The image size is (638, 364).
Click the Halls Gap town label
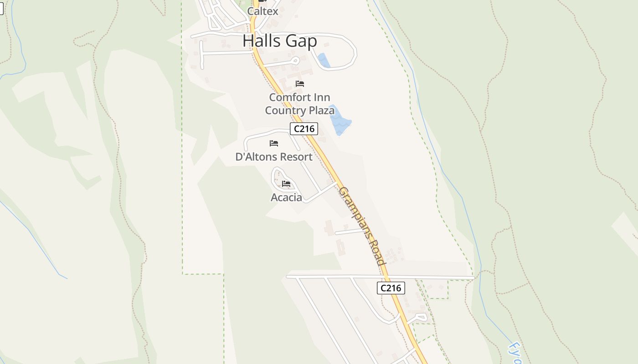click(279, 41)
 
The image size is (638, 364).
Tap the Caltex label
click(262, 11)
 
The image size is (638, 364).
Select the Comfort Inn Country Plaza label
click(299, 104)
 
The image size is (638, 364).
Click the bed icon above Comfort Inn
click(300, 84)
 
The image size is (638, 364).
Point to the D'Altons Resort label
click(274, 157)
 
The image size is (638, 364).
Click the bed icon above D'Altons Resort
click(274, 143)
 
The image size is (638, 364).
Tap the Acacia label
click(286, 197)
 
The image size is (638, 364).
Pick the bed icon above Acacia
click(286, 184)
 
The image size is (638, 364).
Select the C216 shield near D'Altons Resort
click(304, 129)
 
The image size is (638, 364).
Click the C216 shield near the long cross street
click(391, 288)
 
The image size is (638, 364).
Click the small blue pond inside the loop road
click(324, 61)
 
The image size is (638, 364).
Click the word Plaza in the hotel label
click(322, 111)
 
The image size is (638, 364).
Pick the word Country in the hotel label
click(285, 111)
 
